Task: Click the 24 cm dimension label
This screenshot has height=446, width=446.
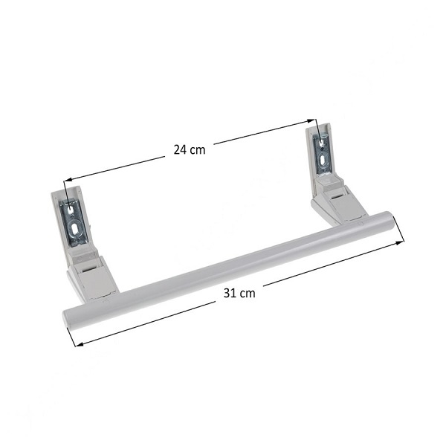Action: point(190,149)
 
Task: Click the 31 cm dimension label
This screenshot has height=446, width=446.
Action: point(239,293)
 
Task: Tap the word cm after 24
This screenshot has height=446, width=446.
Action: point(198,150)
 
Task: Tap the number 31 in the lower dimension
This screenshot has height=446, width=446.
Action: point(230,293)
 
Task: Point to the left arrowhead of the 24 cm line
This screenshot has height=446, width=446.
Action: point(68,180)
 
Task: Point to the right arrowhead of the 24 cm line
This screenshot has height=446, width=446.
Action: point(311,121)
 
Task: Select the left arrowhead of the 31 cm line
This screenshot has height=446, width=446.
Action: point(79,344)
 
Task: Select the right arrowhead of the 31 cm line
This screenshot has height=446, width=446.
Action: point(400,242)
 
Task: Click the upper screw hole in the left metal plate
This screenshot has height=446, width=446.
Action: point(70,210)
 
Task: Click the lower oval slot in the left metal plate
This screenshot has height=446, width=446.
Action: point(75,229)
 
